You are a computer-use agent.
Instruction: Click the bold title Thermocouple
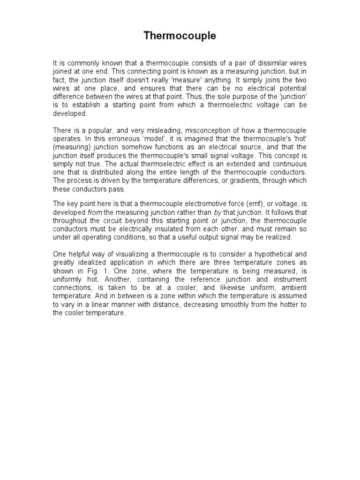tap(180, 36)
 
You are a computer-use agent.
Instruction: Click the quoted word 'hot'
tap(301, 138)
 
